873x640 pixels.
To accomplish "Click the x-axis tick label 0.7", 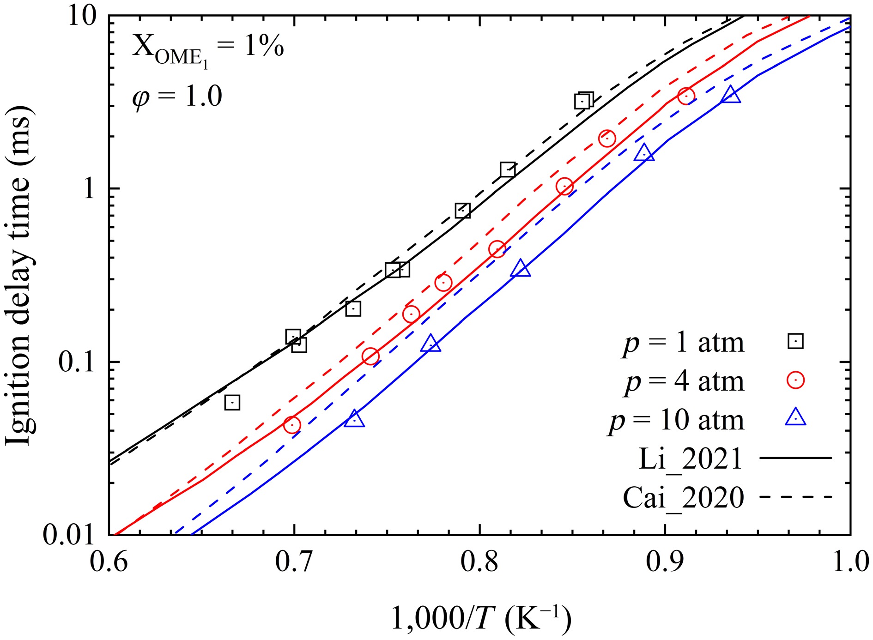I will point(294,562).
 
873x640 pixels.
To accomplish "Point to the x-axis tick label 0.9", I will point(664,562).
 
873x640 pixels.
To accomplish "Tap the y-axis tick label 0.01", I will point(68,535).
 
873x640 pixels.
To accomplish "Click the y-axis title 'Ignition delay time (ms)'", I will point(18,276).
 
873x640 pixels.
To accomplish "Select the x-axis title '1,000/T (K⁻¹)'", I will point(480,618).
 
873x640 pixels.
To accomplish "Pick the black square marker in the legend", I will point(795,342).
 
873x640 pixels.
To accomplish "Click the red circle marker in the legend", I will point(795,380).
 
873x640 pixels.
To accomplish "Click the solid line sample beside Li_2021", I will point(795,458).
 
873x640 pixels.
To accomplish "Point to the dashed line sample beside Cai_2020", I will point(795,497).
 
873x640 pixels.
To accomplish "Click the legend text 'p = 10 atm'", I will point(676,420).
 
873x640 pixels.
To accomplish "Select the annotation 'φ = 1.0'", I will point(177,97).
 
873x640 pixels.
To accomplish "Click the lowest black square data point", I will point(232,403).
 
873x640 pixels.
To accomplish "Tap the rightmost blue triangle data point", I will point(730,95).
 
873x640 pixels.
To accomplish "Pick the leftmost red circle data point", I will point(292,425).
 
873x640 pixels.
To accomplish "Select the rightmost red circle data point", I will point(686,96).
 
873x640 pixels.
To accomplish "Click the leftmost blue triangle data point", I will point(354,419).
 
